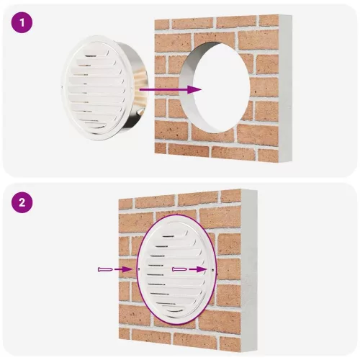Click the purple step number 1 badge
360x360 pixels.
[22, 22]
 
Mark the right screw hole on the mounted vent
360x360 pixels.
[214, 270]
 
